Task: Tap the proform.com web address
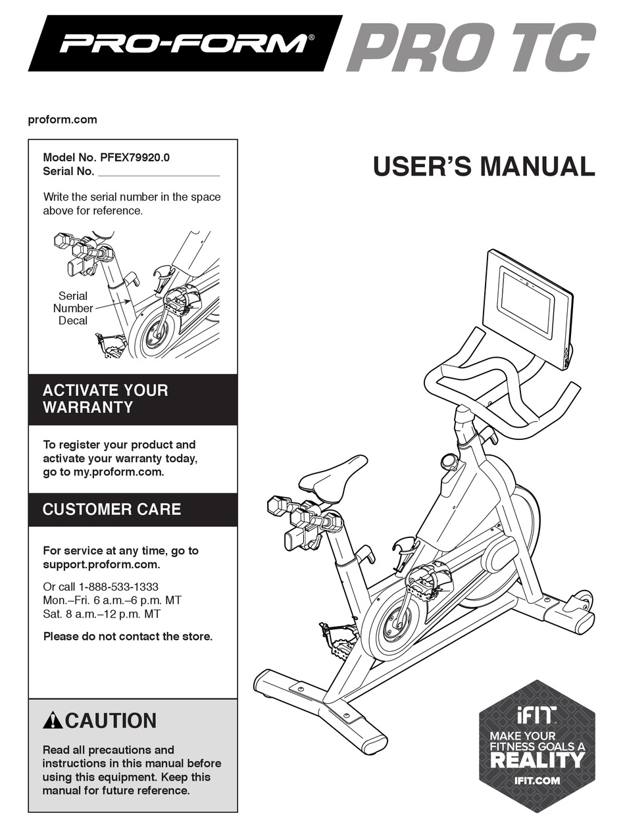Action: click(63, 120)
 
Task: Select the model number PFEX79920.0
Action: click(135, 157)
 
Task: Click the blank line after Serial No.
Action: click(159, 175)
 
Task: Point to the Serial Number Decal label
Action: click(73, 308)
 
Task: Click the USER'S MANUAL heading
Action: click(484, 166)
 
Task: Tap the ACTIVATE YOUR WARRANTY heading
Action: click(105, 399)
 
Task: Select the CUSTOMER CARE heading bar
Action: click(133, 509)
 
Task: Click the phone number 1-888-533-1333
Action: click(118, 587)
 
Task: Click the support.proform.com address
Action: click(101, 565)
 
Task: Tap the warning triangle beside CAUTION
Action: click(53, 720)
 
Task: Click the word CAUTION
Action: click(111, 721)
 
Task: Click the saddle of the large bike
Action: click(333, 479)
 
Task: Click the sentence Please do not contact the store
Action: click(128, 637)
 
